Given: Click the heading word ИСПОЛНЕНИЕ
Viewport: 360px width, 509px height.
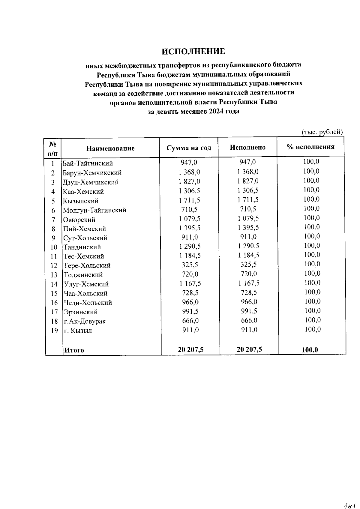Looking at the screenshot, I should pos(193,52).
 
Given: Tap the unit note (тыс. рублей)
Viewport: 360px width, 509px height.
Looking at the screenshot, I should pos(322,132).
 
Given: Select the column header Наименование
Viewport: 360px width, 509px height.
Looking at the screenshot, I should pos(110,148).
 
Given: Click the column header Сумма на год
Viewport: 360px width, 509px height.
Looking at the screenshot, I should pos(189,148).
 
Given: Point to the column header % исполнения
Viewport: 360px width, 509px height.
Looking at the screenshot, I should pos(310,147).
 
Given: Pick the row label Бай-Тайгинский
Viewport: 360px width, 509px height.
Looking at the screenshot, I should pos(88,163).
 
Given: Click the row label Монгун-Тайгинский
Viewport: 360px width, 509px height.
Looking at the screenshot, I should pos(94,210).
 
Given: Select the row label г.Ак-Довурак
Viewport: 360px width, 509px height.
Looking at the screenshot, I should pos(84,321).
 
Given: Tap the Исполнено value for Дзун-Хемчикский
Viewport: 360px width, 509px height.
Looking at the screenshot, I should pos(248,181).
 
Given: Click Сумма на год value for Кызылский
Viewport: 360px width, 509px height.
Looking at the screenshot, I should pos(189,200).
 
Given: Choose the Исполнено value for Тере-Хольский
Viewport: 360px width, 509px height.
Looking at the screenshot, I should pos(249,265).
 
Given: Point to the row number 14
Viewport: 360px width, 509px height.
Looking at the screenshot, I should pos(54,284).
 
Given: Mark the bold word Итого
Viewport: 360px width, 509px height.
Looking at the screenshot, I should pos(74,350).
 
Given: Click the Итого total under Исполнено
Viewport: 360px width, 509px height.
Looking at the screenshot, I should pos(249,349).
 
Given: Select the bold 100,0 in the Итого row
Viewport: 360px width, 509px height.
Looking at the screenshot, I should pos(310,350).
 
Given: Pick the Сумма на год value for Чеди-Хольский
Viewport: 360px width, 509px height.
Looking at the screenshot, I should pos(190,302).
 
